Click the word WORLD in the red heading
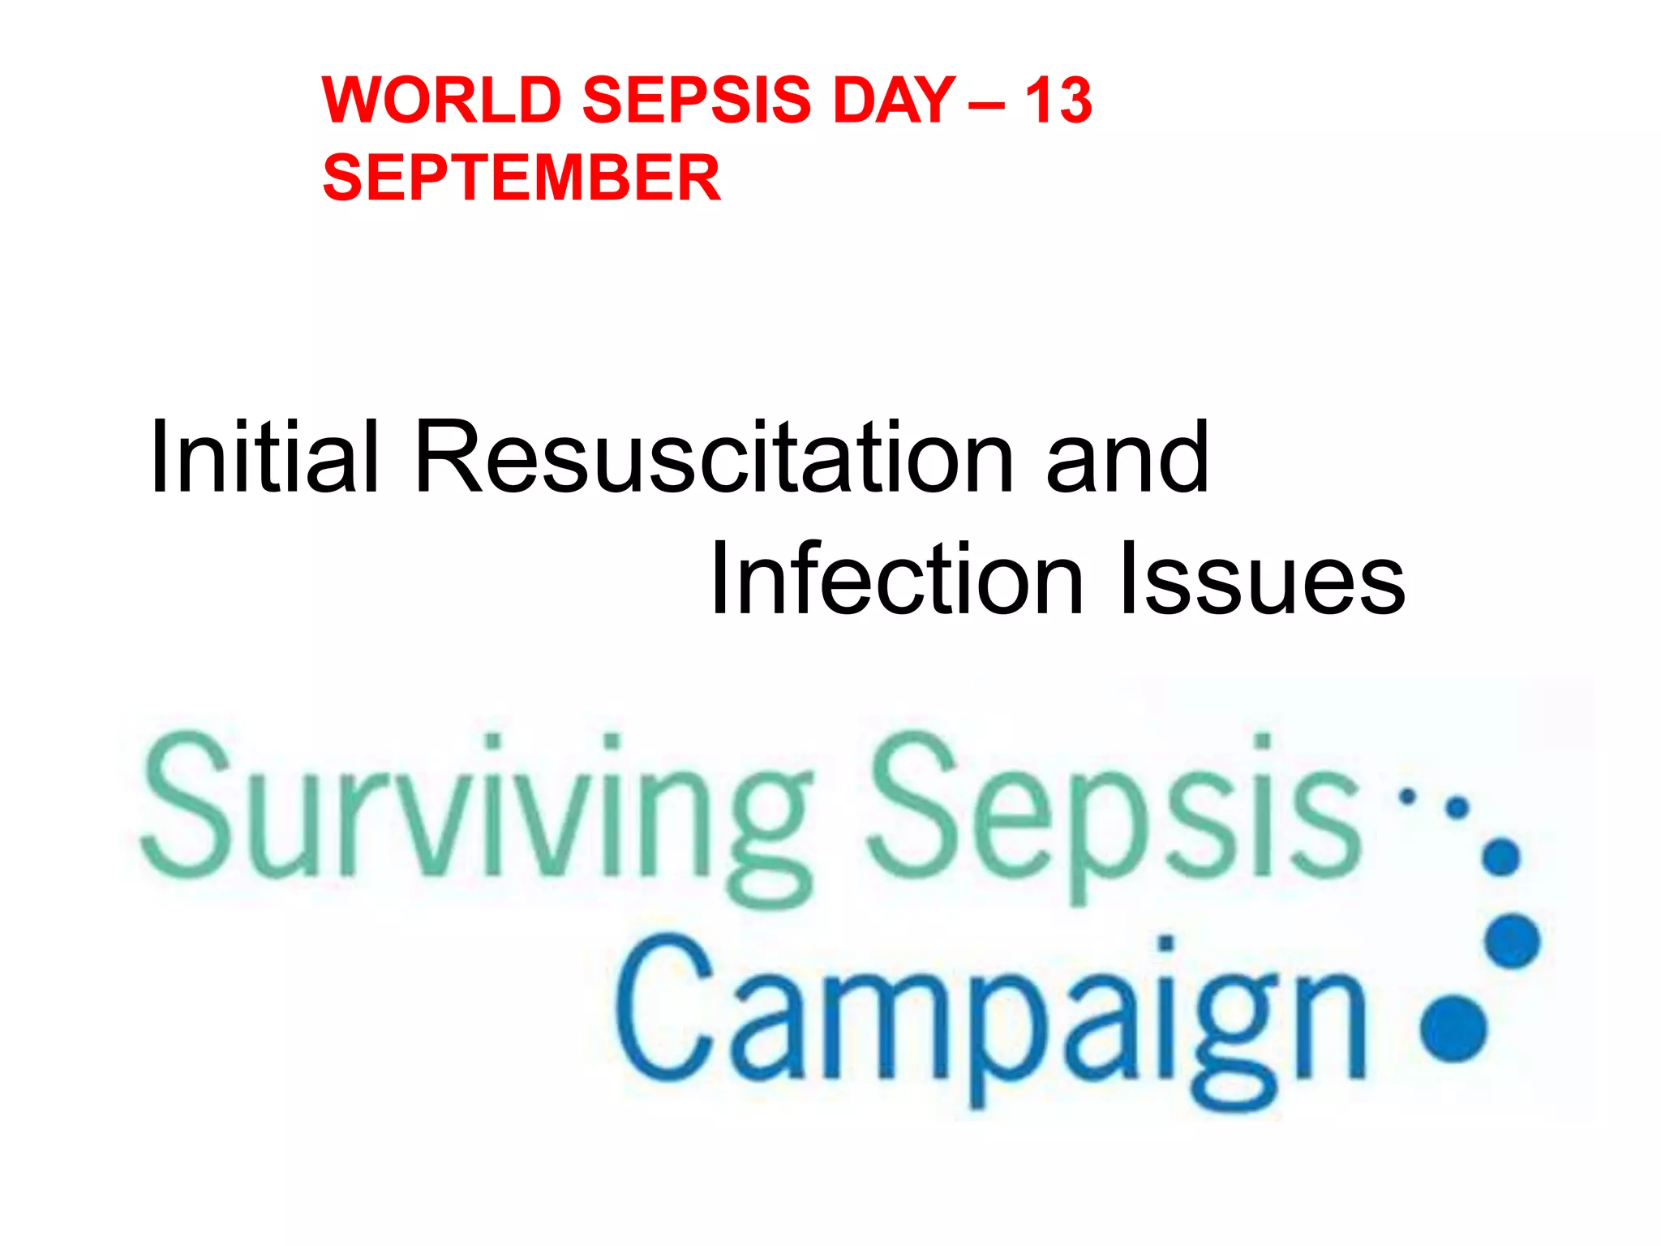click(442, 101)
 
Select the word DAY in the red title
click(894, 101)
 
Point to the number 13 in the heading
click(1058, 101)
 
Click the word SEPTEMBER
click(521, 178)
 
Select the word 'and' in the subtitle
click(1127, 458)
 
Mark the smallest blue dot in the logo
click(1408, 797)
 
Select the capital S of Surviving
click(182, 803)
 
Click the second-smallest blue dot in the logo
click(1457, 808)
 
